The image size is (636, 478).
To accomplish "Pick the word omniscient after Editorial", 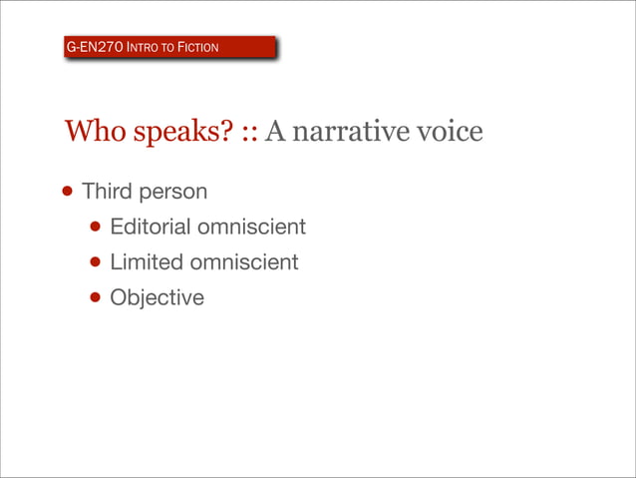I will (251, 227).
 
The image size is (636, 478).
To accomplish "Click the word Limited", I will (146, 262).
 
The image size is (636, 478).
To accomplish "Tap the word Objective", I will (157, 297).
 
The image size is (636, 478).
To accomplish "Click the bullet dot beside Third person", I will (66, 192).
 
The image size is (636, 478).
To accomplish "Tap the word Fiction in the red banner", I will (195, 47).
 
